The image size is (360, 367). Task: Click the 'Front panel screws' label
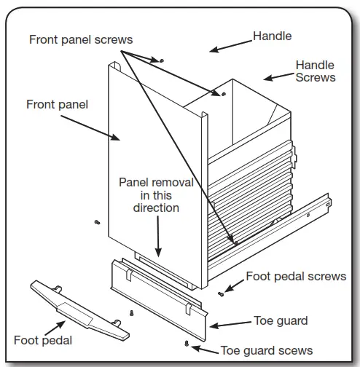tap(86, 39)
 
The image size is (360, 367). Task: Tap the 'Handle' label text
tap(272, 35)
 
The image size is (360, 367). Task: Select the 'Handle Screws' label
tap(315, 71)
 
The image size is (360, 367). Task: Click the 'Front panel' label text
tap(57, 105)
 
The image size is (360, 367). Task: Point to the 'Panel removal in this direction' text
tap(156, 194)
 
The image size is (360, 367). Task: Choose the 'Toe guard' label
tap(281, 320)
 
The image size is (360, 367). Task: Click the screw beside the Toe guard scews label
tap(187, 342)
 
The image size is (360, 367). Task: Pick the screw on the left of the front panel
tap(96, 221)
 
